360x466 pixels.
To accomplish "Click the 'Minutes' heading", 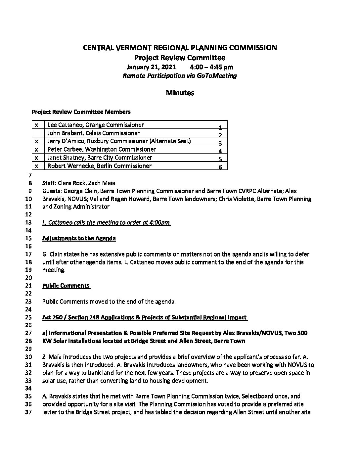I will coord(180,93).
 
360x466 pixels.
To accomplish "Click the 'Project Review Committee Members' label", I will coord(81,112).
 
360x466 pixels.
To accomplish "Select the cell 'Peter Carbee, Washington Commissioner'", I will coord(102,149).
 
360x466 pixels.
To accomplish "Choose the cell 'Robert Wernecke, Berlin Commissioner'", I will coord(99,166).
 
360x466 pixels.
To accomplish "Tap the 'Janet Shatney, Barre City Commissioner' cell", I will coord(100,158).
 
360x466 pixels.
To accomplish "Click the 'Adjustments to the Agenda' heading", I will coord(79,239).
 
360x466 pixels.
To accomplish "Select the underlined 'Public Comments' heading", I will coord(66,286).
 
